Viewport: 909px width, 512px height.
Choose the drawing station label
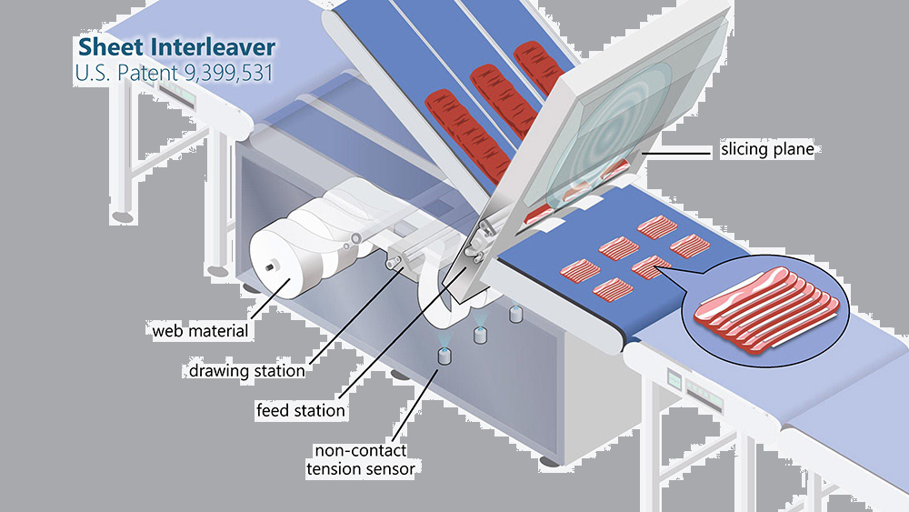click(x=246, y=370)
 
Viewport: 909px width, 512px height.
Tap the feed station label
click(x=300, y=410)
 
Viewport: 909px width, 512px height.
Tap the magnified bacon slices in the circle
click(x=763, y=309)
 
